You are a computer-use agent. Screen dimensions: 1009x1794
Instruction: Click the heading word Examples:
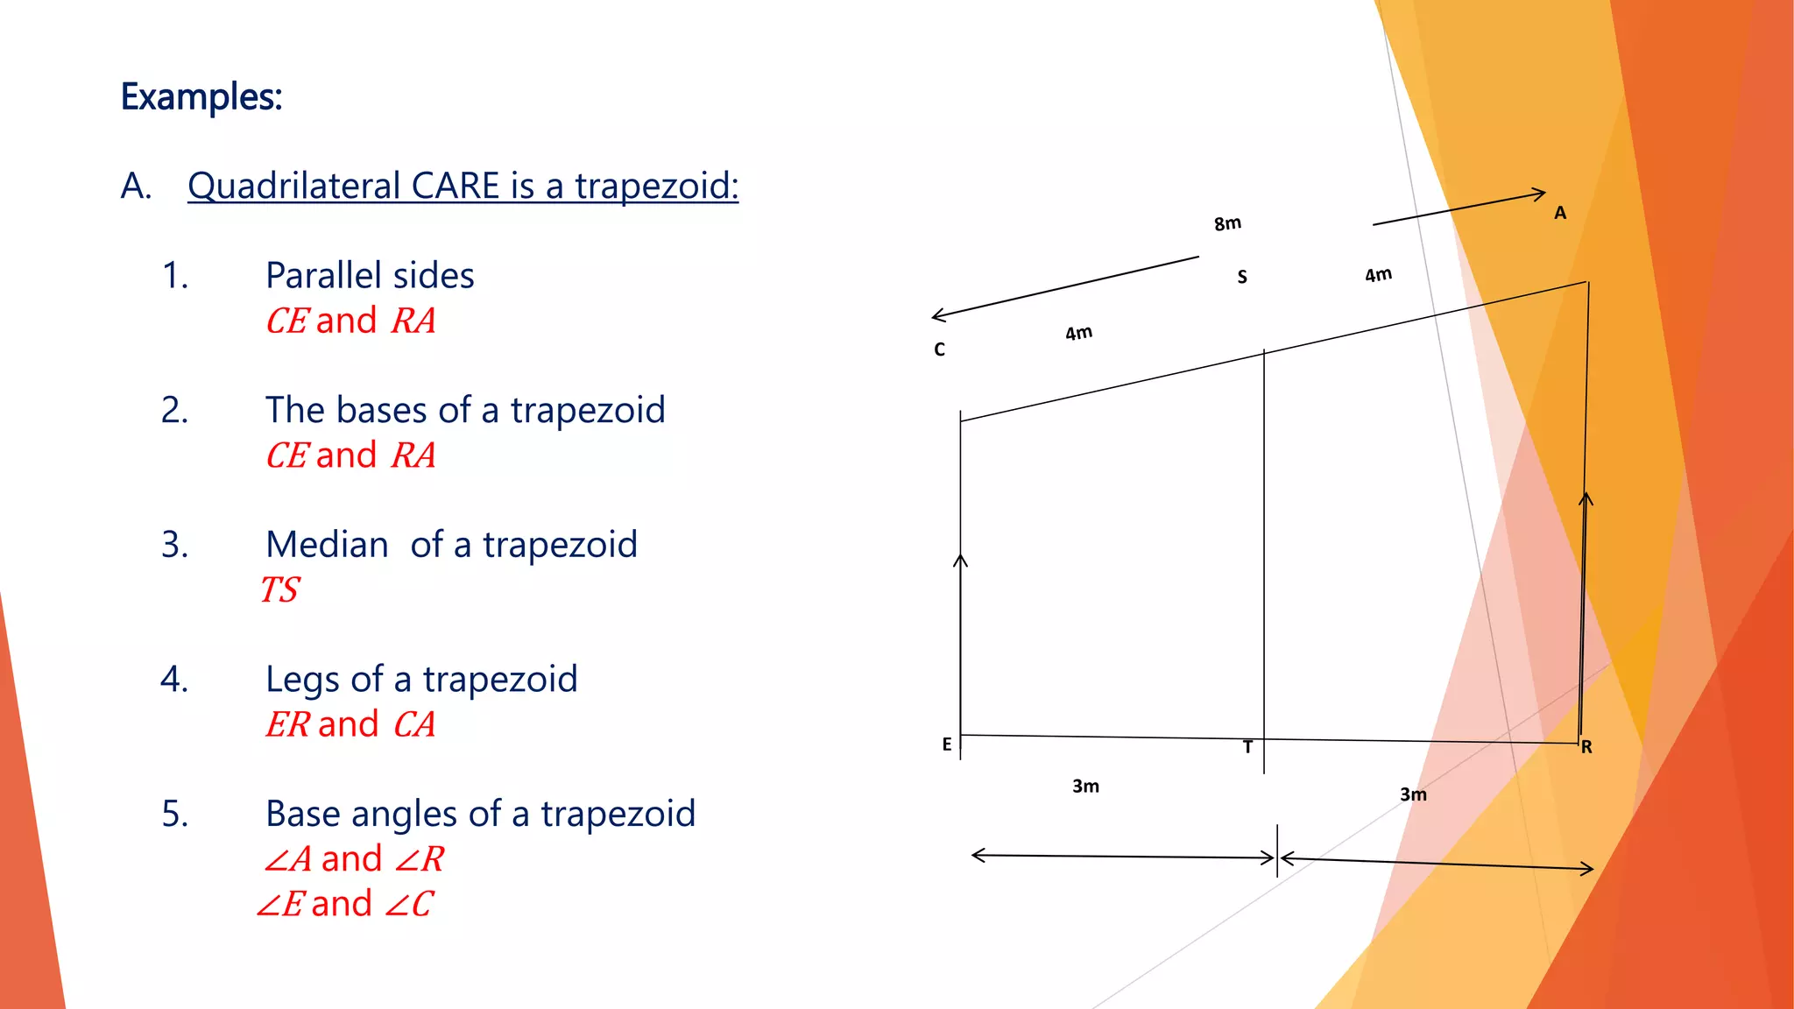click(x=201, y=96)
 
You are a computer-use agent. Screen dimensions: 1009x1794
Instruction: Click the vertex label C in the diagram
click(x=939, y=349)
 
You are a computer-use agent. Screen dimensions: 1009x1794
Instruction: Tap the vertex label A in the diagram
click(x=1560, y=213)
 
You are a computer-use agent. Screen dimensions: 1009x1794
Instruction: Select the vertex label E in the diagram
click(x=947, y=744)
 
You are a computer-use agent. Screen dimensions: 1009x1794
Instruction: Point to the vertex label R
click(x=1586, y=747)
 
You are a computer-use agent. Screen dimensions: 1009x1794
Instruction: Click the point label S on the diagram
click(x=1242, y=277)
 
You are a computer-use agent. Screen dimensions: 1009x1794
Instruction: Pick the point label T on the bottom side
click(x=1248, y=747)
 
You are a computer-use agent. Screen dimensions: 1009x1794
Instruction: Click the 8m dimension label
click(x=1227, y=223)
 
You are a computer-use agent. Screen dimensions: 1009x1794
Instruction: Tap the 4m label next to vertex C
click(x=1079, y=333)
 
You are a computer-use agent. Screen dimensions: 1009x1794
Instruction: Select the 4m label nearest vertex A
click(x=1378, y=275)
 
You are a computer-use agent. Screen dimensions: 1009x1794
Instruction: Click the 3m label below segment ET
click(x=1085, y=787)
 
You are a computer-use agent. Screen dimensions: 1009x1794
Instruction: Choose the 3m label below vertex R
click(x=1413, y=794)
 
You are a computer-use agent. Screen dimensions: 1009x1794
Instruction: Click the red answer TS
click(x=280, y=589)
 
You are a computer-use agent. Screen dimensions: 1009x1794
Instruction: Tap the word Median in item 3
click(x=327, y=545)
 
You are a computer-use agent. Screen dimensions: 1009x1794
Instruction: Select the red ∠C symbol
click(x=409, y=904)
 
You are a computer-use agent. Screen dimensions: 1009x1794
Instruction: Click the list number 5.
click(x=175, y=814)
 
